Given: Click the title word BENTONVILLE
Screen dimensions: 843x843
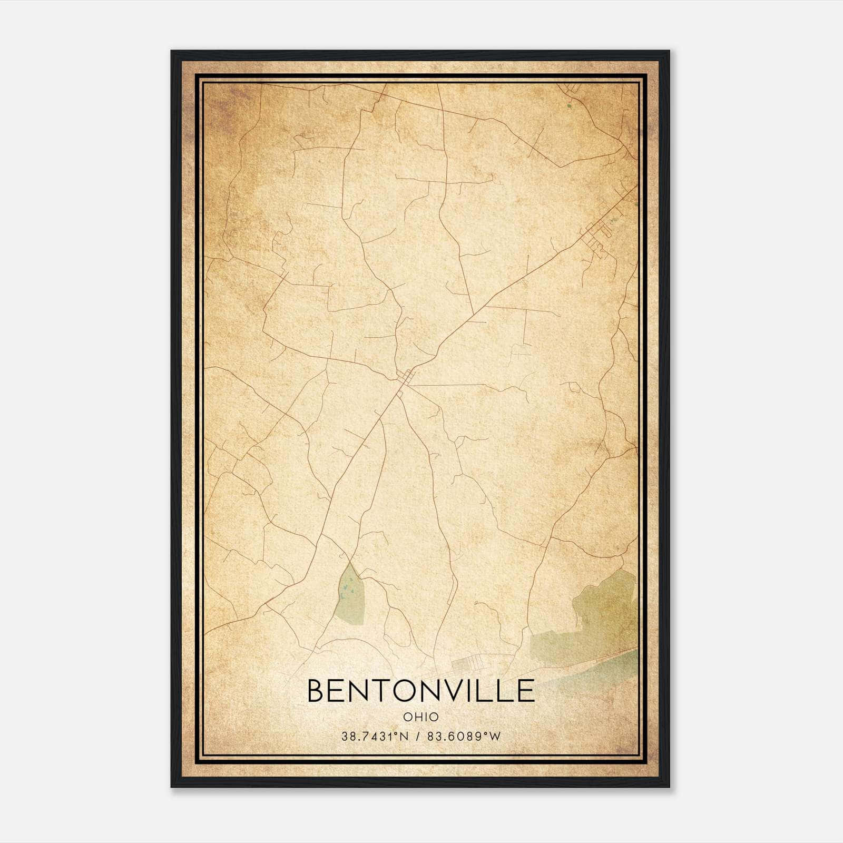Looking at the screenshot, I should point(420,691).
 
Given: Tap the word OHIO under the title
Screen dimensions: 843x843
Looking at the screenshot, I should point(420,717).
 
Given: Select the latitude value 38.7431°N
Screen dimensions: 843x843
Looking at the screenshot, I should point(375,737).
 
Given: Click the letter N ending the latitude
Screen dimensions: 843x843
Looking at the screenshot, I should point(405,737).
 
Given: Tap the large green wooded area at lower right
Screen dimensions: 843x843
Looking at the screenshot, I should point(606,606).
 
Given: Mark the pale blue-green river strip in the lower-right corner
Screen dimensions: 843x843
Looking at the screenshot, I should point(606,665).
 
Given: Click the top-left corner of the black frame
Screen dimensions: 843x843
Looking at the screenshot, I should point(172,52).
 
